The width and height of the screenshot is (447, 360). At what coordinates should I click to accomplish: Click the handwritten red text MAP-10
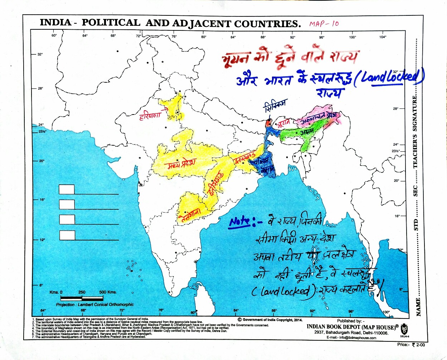(x=324, y=24)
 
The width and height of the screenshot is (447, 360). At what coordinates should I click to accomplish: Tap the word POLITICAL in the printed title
(x=111, y=23)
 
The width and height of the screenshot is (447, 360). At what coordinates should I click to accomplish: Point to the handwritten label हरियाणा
(x=150, y=116)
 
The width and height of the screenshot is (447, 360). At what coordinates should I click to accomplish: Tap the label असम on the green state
(x=307, y=133)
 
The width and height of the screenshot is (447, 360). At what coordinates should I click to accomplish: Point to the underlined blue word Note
(x=239, y=222)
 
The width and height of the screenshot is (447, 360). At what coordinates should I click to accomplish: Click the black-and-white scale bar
(x=82, y=298)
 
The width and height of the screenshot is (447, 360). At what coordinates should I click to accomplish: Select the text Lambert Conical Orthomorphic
(x=94, y=305)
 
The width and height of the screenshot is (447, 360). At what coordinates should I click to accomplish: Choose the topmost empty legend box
(x=67, y=189)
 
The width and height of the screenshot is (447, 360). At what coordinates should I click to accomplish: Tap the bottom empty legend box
(x=67, y=235)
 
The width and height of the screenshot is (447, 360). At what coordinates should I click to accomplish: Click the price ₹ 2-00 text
(x=411, y=345)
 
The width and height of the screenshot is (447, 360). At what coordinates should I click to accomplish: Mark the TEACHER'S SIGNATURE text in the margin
(x=415, y=132)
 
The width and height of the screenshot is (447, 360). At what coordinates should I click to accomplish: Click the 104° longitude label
(x=383, y=37)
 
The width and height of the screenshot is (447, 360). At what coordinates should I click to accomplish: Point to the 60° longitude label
(x=54, y=35)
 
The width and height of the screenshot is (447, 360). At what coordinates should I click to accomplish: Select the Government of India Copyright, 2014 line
(x=270, y=320)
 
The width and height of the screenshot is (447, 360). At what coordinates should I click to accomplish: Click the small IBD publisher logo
(x=404, y=328)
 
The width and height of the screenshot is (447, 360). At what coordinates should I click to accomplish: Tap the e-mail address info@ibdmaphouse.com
(x=351, y=337)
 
